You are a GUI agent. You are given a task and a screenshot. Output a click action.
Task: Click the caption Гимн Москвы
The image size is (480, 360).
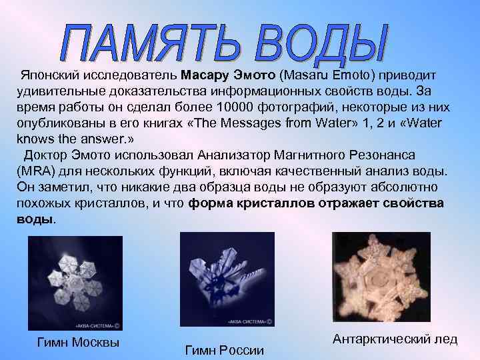[x=79, y=343]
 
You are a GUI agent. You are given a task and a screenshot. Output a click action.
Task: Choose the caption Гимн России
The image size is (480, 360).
[x=225, y=350]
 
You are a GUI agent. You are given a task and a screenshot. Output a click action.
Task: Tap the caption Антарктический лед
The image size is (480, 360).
[x=395, y=339]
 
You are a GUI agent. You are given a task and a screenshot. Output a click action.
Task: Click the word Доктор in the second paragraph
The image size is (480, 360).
[x=46, y=155]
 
